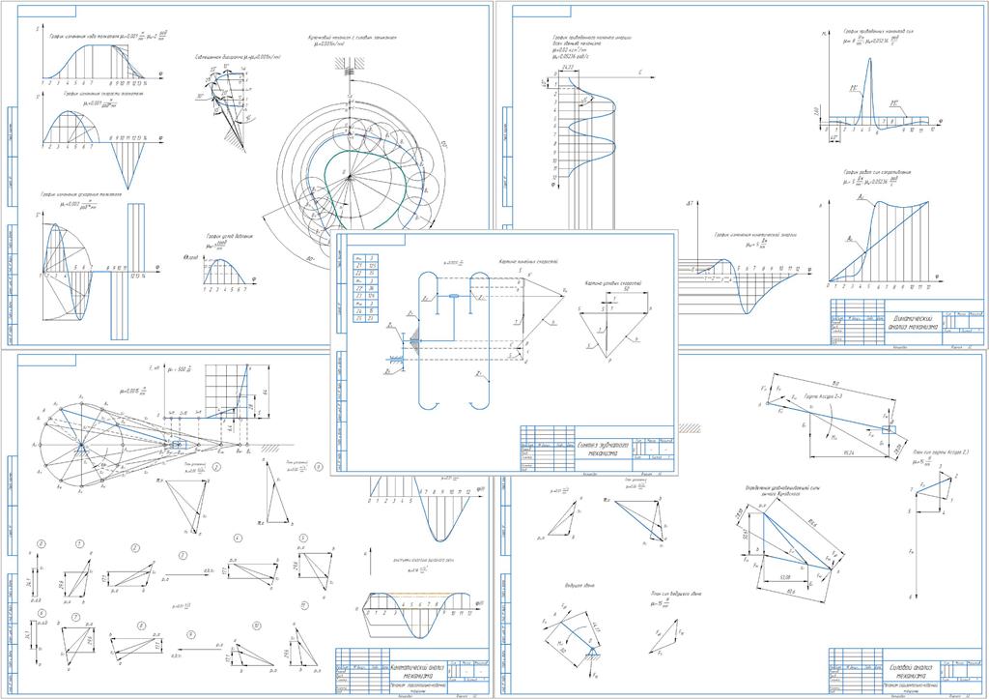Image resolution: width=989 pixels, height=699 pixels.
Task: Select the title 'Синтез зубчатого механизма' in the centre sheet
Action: [602, 446]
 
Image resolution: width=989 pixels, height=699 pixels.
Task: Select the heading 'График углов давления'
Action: [229, 236]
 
